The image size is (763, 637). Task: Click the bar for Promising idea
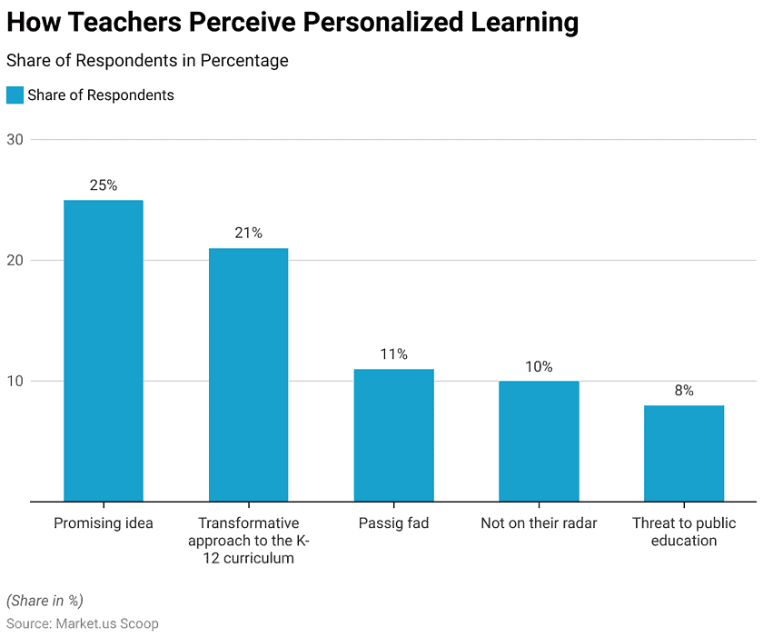(104, 351)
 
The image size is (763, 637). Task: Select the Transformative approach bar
(248, 374)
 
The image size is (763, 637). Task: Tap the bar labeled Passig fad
(393, 434)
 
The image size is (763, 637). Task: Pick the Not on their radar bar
(539, 441)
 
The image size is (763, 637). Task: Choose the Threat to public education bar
(684, 453)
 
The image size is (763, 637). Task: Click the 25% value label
(104, 185)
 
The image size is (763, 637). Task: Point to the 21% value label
(248, 234)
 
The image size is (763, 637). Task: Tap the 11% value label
(393, 354)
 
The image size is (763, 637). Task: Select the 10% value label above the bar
(539, 366)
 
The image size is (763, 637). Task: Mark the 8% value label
(684, 391)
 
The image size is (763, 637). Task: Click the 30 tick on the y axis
(15, 140)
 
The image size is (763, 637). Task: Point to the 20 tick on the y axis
(15, 261)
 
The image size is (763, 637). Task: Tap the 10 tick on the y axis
(15, 382)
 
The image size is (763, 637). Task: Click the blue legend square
(15, 95)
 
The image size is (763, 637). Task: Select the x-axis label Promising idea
(104, 523)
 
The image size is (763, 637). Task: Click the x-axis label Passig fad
(393, 523)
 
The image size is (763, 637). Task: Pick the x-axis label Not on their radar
(539, 523)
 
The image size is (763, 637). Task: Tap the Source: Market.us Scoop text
(83, 623)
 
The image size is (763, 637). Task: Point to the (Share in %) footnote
(45, 600)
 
